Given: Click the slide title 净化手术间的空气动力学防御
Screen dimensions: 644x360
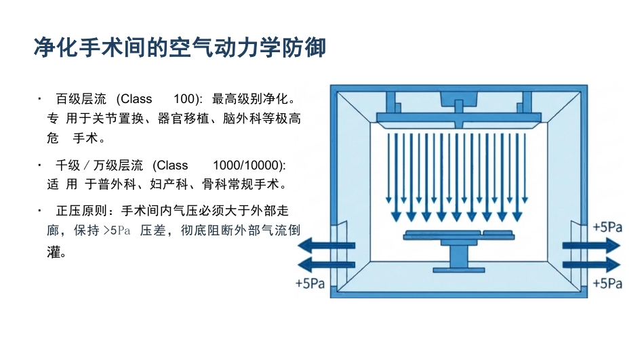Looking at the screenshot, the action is point(180,47).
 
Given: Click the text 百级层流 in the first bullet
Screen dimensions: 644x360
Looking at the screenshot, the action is point(81,98).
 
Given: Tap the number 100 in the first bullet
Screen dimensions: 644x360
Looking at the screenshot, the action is point(184,98).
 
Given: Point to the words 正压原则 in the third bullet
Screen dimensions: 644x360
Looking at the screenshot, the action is point(81,211).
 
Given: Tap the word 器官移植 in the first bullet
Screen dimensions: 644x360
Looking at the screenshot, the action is point(184,119).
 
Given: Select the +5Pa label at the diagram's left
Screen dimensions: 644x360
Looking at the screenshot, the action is point(310,283).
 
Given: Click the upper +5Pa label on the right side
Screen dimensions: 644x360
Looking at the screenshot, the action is point(607,227).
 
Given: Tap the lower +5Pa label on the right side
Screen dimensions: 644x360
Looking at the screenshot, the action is point(607,283).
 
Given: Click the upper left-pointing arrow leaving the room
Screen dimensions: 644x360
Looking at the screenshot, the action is point(326,245).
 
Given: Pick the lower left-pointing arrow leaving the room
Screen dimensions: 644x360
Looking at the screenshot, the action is point(326,265).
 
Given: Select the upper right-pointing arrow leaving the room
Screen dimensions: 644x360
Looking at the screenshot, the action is point(591,245).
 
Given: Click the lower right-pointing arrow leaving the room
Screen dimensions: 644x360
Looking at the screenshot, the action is point(591,265).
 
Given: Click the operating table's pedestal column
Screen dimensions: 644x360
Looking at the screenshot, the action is point(459,257).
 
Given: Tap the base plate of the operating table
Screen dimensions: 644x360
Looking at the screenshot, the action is point(459,270).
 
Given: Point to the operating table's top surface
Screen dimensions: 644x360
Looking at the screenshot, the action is point(459,235).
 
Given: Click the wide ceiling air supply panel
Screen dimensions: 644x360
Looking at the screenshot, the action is point(459,118).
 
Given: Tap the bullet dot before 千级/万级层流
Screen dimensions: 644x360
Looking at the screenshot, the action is point(39,165).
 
